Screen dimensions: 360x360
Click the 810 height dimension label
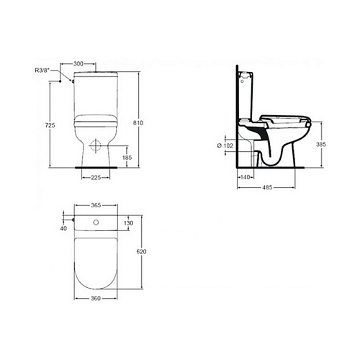[x=138, y=123]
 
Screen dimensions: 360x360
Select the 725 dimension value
[x=50, y=125]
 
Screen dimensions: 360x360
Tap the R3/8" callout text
[x=42, y=71]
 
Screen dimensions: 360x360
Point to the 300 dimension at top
[x=78, y=63]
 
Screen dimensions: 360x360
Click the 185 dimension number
[x=127, y=158]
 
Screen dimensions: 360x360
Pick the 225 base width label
[x=96, y=178]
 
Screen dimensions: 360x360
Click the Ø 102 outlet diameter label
[x=225, y=145]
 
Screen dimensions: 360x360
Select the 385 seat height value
[x=321, y=144]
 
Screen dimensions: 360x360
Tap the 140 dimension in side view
[x=245, y=177]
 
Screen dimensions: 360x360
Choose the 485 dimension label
[x=267, y=187]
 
